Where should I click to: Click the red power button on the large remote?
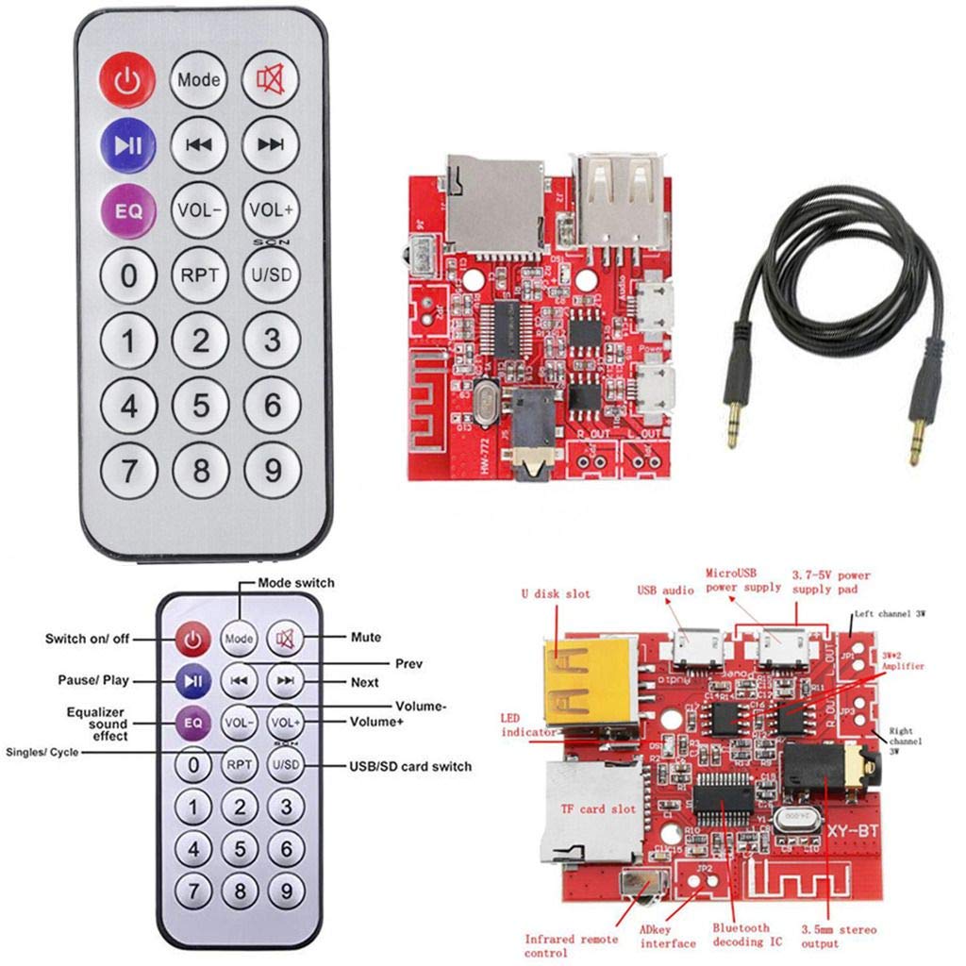pos(127,81)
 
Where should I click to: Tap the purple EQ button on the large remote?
pos(128,208)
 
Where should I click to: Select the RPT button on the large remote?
pos(200,275)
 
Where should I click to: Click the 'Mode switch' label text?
pos(295,583)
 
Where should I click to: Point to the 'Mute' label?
pos(366,638)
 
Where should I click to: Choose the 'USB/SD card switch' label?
pos(410,766)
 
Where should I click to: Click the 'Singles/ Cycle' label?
pos(42,752)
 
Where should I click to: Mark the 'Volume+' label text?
pos(377,724)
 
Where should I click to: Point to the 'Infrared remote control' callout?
pos(572,944)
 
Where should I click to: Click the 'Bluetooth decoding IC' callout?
pos(741,935)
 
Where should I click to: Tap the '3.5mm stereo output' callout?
pos(838,937)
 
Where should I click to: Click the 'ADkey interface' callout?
pos(668,937)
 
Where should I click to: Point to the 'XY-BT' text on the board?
pos(853,830)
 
